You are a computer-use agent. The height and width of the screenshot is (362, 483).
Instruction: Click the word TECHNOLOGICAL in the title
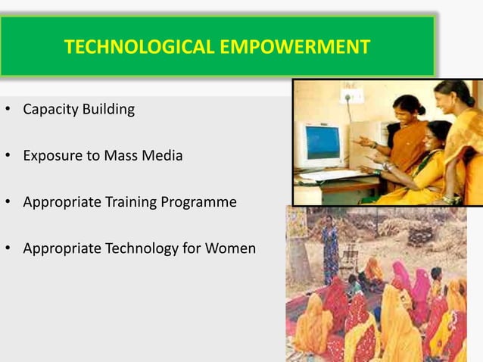click(129, 48)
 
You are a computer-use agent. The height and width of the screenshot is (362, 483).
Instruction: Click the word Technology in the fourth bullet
click(143, 248)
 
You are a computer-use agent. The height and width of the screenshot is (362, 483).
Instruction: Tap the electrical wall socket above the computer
click(351, 96)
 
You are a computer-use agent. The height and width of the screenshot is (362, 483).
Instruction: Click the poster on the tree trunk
click(296, 222)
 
